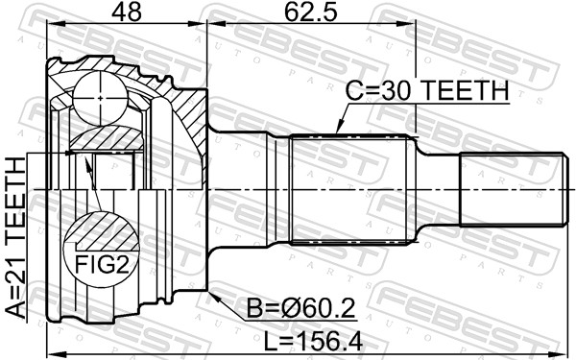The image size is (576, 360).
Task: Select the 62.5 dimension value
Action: point(311,12)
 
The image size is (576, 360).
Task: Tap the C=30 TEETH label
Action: point(427,91)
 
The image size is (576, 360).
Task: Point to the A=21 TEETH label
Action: point(15,238)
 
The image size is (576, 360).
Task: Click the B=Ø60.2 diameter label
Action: point(301,309)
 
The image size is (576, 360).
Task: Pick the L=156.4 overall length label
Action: point(313,341)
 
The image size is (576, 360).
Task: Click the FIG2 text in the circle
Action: point(102,264)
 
